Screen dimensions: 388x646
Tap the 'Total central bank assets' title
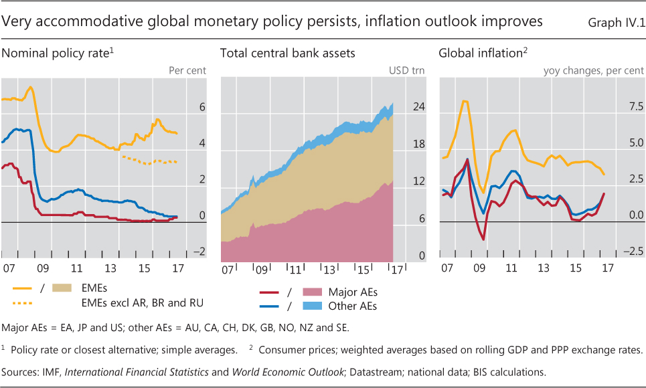tap(287, 53)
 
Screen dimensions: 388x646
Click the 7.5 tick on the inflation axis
tap(633, 107)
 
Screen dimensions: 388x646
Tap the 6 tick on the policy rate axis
tap(202, 107)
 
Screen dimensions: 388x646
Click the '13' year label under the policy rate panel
tap(110, 268)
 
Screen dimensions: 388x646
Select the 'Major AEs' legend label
tap(353, 292)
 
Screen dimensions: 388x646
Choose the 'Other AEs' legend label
tap(353, 306)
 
